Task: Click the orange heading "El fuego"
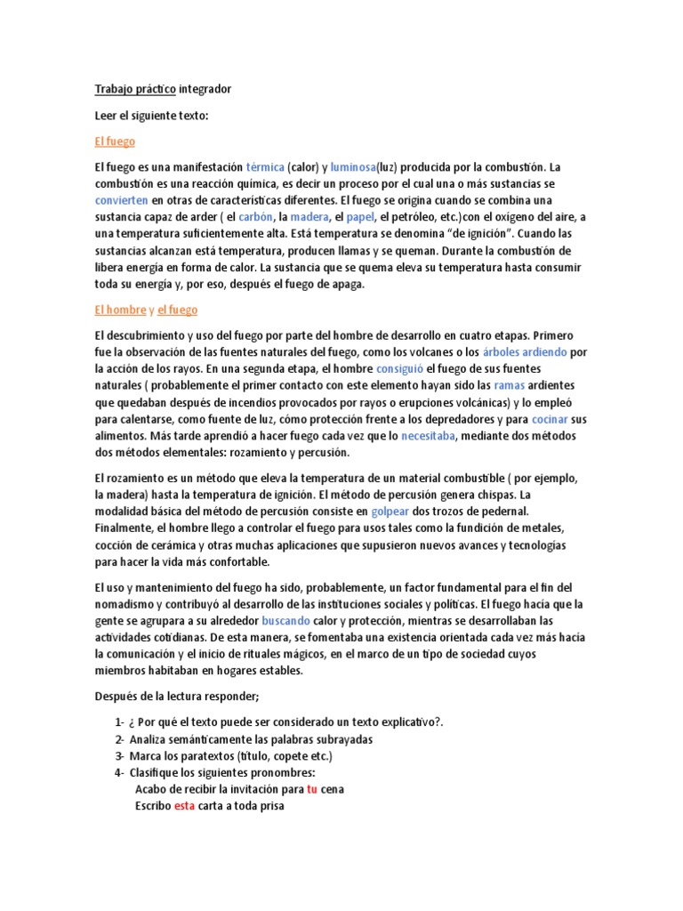point(115,141)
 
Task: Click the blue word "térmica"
point(265,167)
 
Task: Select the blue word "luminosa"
point(354,167)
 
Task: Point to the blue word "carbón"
point(255,217)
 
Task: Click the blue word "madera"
point(309,217)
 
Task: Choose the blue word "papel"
point(361,217)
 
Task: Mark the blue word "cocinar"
point(550,419)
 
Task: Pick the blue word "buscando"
point(285,620)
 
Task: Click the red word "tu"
point(311,789)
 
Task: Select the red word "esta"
point(184,806)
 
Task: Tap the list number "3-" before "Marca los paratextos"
point(119,755)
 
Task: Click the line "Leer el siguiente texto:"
point(151,116)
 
